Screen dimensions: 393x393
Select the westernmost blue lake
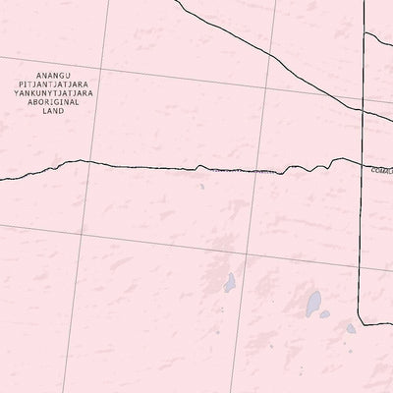coord(229,284)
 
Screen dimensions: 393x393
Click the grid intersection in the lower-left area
coord(83,232)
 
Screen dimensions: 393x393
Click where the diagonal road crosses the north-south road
coord(364,113)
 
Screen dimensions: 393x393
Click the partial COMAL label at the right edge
coord(381,170)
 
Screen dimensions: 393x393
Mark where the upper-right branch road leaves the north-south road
coord(365,36)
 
